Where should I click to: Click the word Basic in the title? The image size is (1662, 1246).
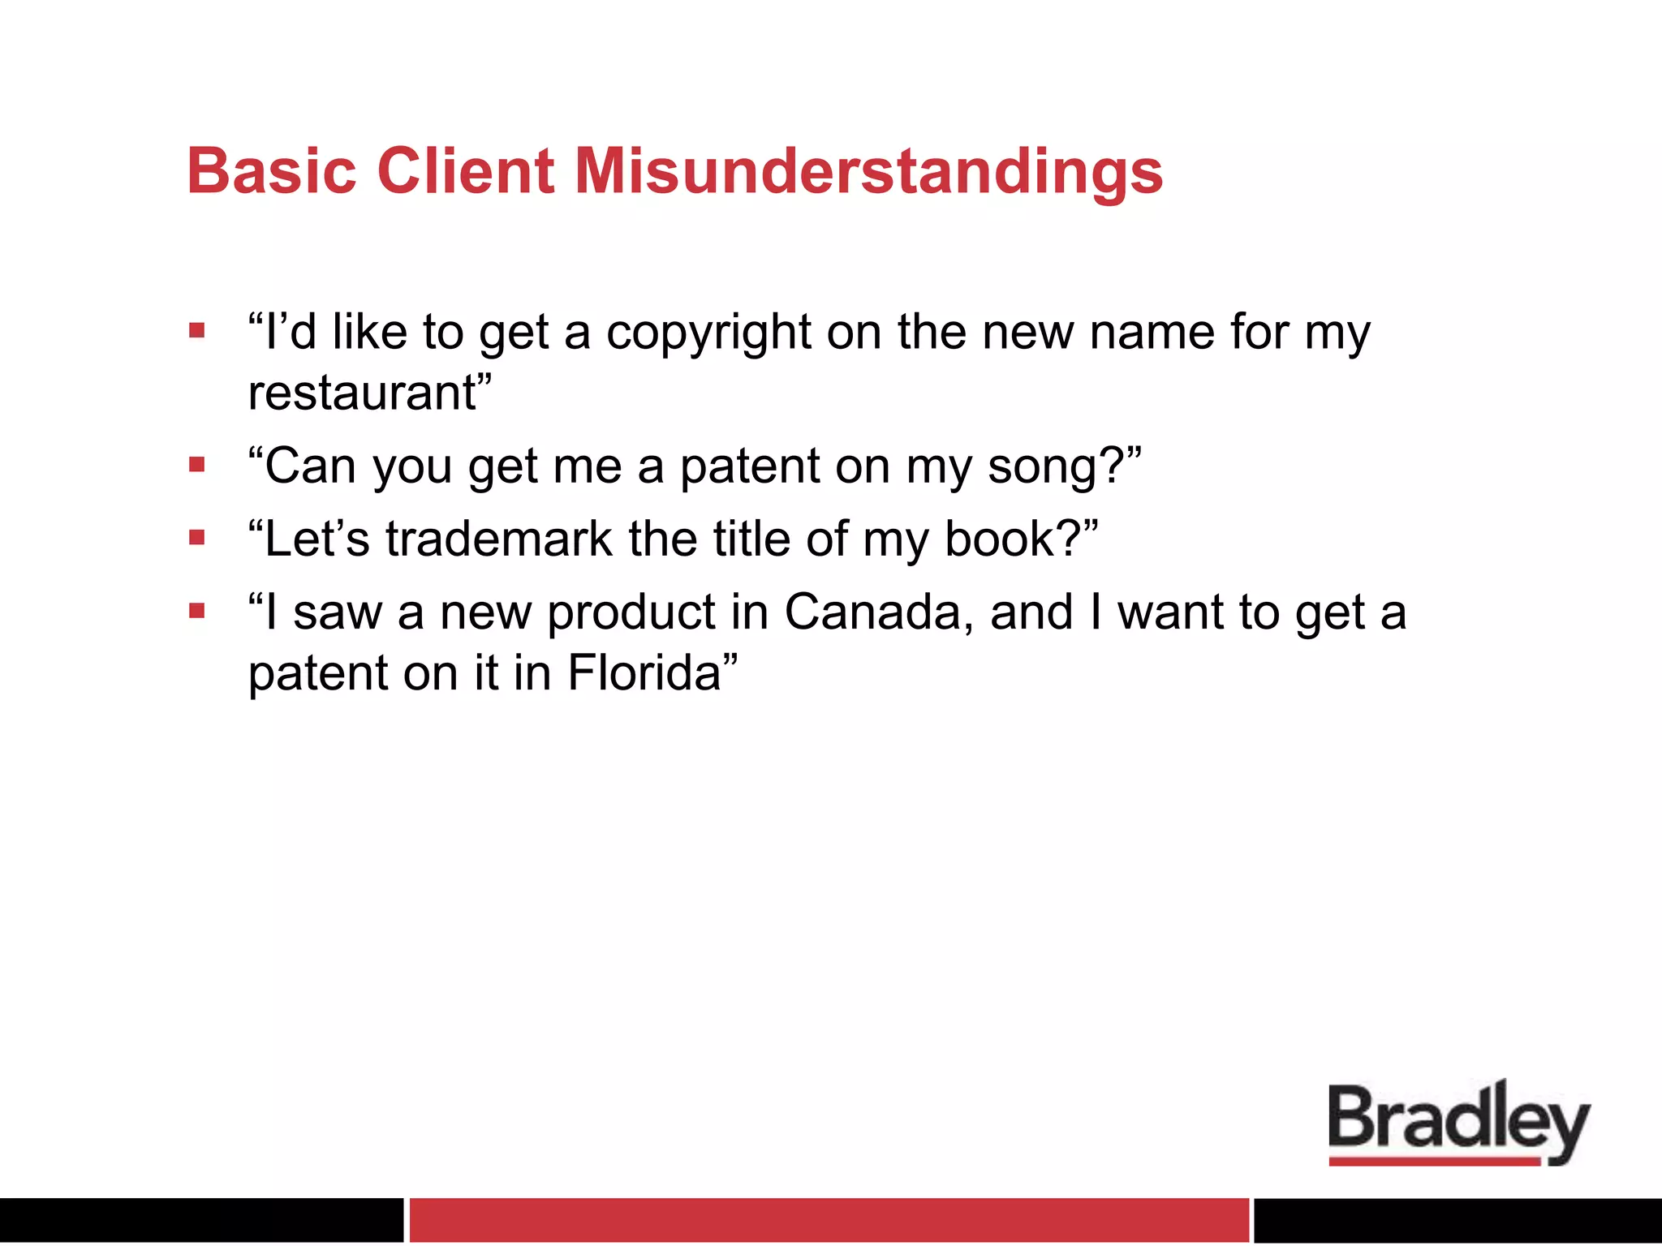[x=271, y=171]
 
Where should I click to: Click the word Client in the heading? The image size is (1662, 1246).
[x=466, y=171]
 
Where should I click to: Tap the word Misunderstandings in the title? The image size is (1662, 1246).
[x=868, y=173]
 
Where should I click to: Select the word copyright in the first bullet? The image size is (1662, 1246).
[x=708, y=333]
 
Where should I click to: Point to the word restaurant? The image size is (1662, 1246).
[x=362, y=393]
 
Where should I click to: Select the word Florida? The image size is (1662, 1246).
[x=644, y=672]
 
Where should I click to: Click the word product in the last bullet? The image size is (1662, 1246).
[x=631, y=613]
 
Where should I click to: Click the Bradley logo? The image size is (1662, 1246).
[x=1458, y=1120]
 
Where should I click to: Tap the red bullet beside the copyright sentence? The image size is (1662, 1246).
[x=197, y=330]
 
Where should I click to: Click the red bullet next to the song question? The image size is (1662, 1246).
[x=197, y=465]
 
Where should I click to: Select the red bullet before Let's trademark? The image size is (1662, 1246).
[x=197, y=537]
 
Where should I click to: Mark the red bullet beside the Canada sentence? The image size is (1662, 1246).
[x=197, y=610]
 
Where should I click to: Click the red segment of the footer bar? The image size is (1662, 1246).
[x=828, y=1219]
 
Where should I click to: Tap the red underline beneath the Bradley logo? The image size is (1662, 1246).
[x=1433, y=1162]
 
